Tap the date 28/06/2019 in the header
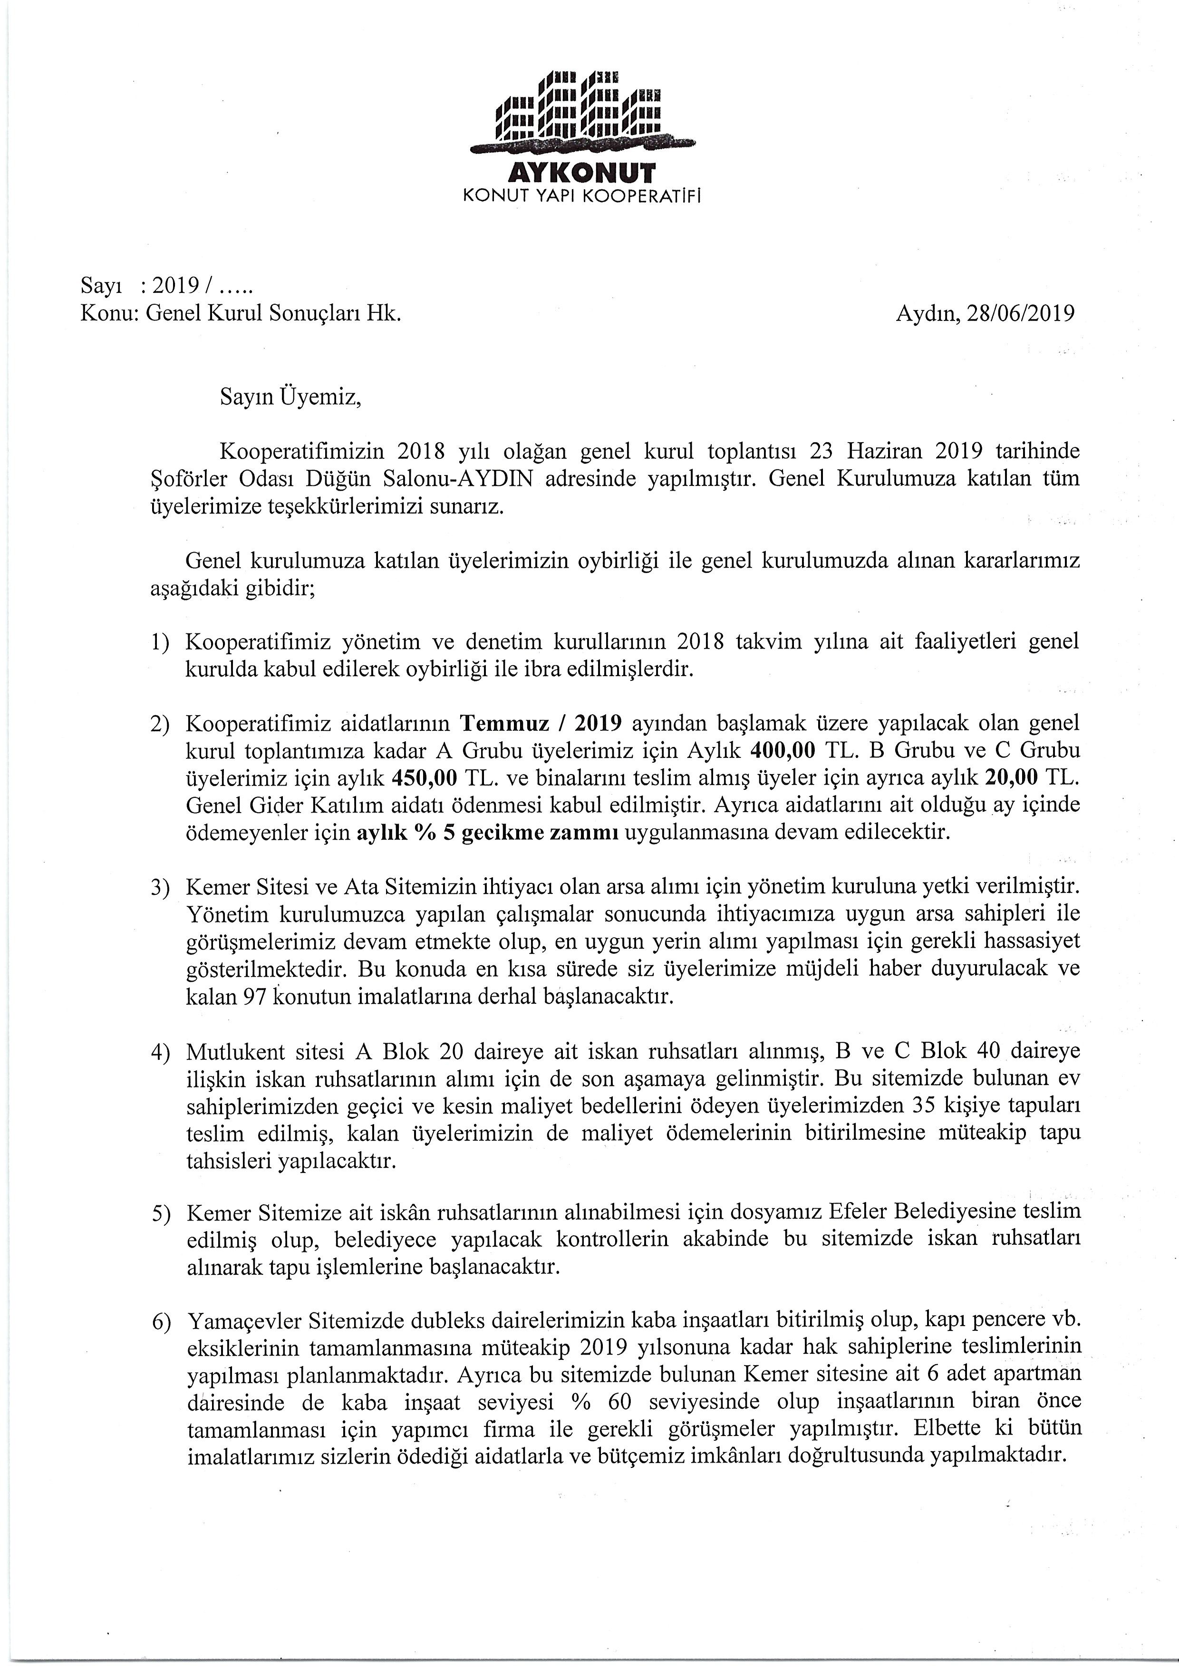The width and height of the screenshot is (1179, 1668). (1021, 313)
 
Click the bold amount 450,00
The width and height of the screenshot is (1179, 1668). (424, 778)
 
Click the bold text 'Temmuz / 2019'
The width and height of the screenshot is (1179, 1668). (541, 724)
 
